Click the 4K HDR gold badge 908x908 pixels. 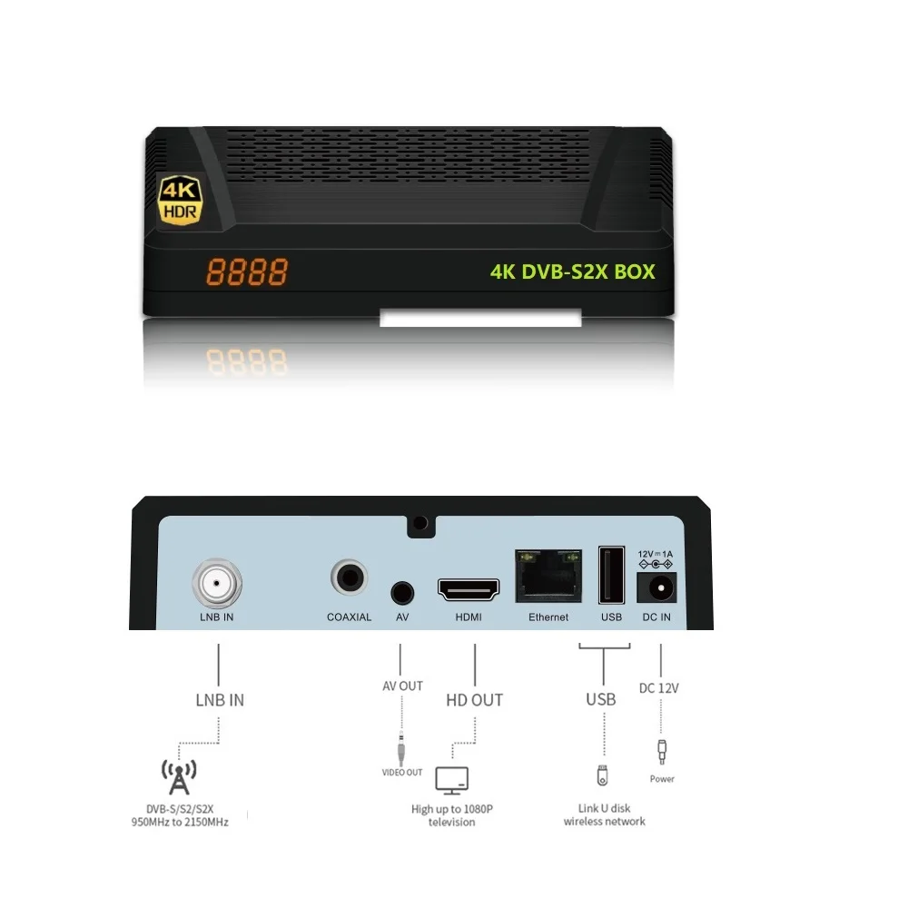coord(180,199)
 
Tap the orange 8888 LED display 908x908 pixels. coord(247,271)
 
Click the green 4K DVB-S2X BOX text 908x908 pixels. coord(572,271)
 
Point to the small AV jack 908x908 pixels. coord(402,592)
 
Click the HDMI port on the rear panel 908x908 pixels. coord(469,591)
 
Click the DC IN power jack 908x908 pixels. coord(658,589)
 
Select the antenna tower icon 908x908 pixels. coord(179,776)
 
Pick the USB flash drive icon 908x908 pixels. coord(602,776)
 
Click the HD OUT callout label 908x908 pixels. coord(474,700)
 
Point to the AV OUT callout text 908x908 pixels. coord(402,686)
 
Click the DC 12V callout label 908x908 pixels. coord(659,688)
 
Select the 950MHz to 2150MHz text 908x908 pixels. coord(179,823)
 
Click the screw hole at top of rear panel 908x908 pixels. coord(419,523)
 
